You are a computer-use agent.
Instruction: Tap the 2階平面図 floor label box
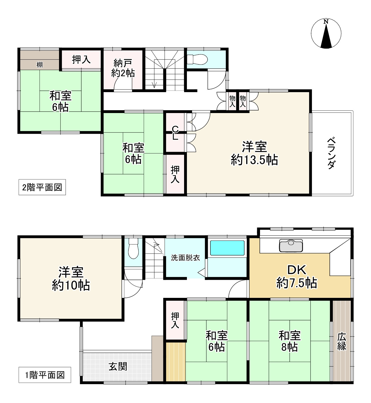42,187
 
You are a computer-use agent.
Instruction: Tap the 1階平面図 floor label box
45,375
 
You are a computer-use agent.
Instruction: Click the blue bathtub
227,248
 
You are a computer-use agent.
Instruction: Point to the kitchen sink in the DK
291,245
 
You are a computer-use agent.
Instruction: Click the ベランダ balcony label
331,153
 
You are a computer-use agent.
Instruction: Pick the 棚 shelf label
40,65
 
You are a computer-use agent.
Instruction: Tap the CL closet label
175,133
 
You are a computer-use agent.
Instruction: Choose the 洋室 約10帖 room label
71,279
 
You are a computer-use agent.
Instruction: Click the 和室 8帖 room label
290,341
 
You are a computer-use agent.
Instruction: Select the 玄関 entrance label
118,367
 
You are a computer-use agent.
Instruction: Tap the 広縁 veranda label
342,341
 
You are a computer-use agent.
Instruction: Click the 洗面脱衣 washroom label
185,258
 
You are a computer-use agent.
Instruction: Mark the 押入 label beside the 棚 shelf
81,60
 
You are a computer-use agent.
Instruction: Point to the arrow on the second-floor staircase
154,84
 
